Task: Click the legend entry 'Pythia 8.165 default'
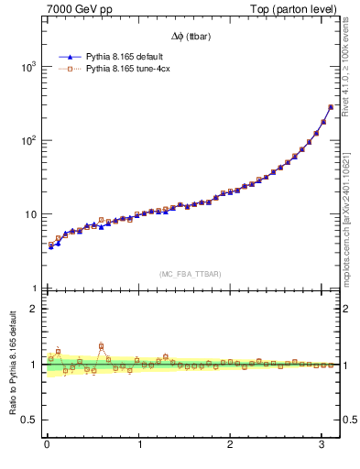125,55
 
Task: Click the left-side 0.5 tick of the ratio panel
29,420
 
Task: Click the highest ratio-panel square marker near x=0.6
101,346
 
